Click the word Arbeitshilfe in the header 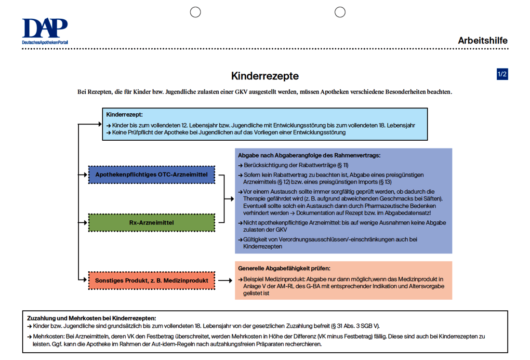pos(482,41)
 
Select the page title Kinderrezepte pos(265,76)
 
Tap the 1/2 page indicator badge pos(502,74)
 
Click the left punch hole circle pos(195,12)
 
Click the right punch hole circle pos(340,12)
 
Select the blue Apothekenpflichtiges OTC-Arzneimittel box pos(151,174)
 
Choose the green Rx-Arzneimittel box pos(151,223)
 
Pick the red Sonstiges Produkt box pos(151,280)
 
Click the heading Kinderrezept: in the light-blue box pos(124,115)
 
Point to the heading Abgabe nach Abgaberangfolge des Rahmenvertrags pos(309,155)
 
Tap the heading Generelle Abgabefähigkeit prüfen pos(284,268)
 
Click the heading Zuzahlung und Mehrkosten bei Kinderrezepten pos(92,318)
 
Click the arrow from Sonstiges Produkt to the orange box pos(225,280)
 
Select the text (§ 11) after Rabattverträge pos(343,165)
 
